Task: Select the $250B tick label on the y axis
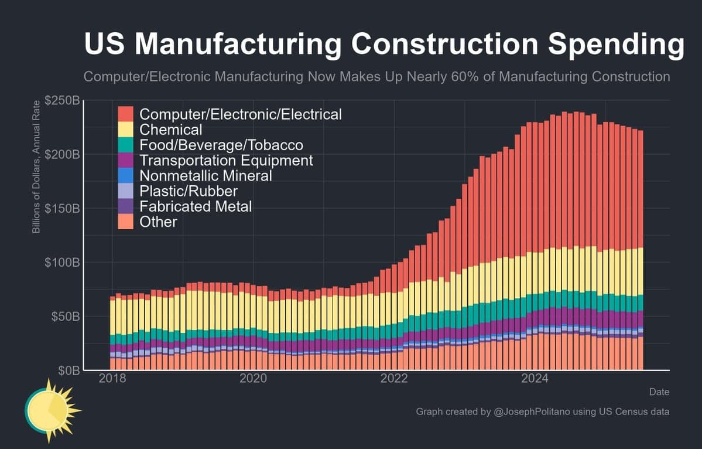(x=61, y=101)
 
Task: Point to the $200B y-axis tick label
(x=61, y=155)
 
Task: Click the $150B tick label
(x=61, y=209)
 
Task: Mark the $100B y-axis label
(x=61, y=262)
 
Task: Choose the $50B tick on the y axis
(x=64, y=317)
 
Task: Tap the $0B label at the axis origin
(x=67, y=370)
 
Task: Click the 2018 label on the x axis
(x=112, y=379)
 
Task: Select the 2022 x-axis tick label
(x=394, y=379)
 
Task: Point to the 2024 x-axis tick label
(x=535, y=379)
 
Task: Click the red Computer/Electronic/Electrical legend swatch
(x=126, y=114)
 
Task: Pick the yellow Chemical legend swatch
(x=126, y=129)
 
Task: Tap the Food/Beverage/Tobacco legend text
(x=221, y=145)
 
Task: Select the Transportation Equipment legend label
(x=226, y=160)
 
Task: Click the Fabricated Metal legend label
(x=196, y=206)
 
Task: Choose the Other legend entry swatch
(x=126, y=222)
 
